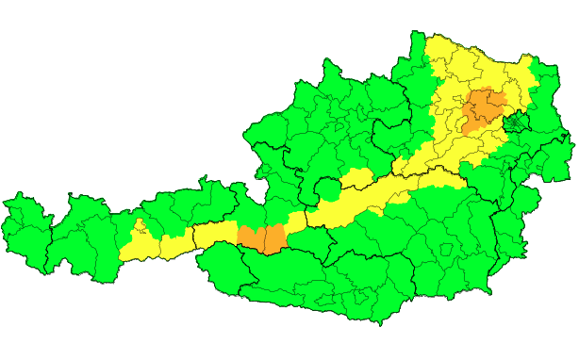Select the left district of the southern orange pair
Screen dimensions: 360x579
pyautogui.click(x=250, y=238)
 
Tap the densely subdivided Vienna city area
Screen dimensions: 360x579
pyautogui.click(x=516, y=123)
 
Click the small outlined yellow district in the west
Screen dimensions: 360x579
pyautogui.click(x=139, y=227)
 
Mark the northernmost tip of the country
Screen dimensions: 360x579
pyautogui.click(x=414, y=33)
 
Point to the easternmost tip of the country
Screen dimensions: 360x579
pyautogui.click(x=573, y=141)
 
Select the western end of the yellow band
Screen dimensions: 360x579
pyautogui.click(x=124, y=253)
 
